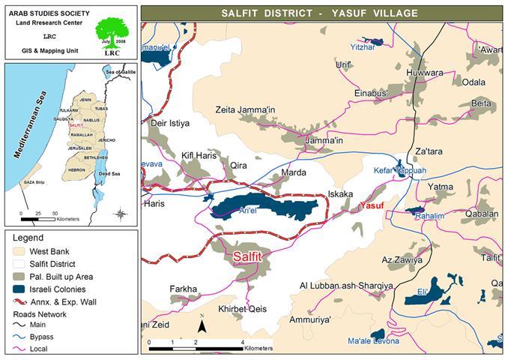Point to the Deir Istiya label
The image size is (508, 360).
171,122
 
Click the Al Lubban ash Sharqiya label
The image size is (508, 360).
346,286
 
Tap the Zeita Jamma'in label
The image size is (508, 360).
241,110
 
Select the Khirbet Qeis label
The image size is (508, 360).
242,308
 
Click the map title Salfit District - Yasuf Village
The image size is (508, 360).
323,13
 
